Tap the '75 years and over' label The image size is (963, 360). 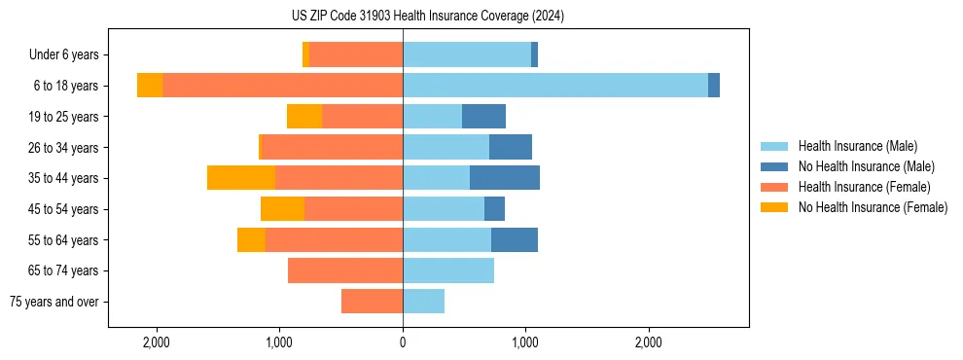click(53, 302)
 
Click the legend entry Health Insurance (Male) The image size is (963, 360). click(857, 146)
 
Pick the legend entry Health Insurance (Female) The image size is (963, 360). click(864, 187)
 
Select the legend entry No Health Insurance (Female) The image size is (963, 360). click(873, 207)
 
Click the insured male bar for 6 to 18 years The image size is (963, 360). click(554, 86)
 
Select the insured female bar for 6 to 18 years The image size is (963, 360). click(282, 86)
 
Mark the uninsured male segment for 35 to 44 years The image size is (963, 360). click(505, 178)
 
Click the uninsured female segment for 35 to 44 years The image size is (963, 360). click(241, 178)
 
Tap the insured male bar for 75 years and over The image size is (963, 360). click(423, 302)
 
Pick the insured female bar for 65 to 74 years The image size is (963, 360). click(345, 270)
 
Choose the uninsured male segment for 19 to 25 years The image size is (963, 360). click(483, 117)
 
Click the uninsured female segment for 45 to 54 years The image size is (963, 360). click(282, 209)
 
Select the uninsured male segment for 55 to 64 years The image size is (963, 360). click(515, 240)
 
